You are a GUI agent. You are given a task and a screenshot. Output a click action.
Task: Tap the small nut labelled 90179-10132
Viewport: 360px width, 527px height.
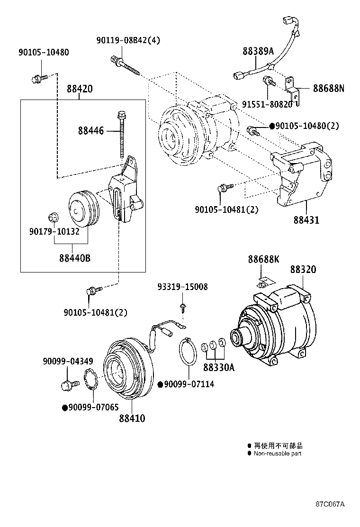pos(53,218)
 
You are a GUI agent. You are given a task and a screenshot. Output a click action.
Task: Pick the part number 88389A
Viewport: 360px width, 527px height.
pos(258,51)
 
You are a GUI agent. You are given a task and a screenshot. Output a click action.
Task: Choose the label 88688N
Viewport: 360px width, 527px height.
pos(328,88)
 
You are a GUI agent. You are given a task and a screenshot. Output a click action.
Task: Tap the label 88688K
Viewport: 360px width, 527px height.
pos(263,259)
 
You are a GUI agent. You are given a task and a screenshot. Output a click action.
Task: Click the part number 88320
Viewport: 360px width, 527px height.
pos(303,269)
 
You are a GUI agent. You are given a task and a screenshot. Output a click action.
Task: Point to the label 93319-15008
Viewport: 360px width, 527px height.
pos(183,287)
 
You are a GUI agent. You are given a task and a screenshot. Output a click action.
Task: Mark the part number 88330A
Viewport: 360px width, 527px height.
pos(219,367)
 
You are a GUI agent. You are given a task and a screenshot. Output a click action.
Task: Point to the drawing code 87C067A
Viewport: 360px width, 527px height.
pos(330,504)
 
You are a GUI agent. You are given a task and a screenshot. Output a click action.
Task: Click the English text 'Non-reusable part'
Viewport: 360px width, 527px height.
pos(277,454)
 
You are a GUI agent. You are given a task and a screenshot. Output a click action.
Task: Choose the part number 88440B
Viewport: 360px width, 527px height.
pos(75,258)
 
